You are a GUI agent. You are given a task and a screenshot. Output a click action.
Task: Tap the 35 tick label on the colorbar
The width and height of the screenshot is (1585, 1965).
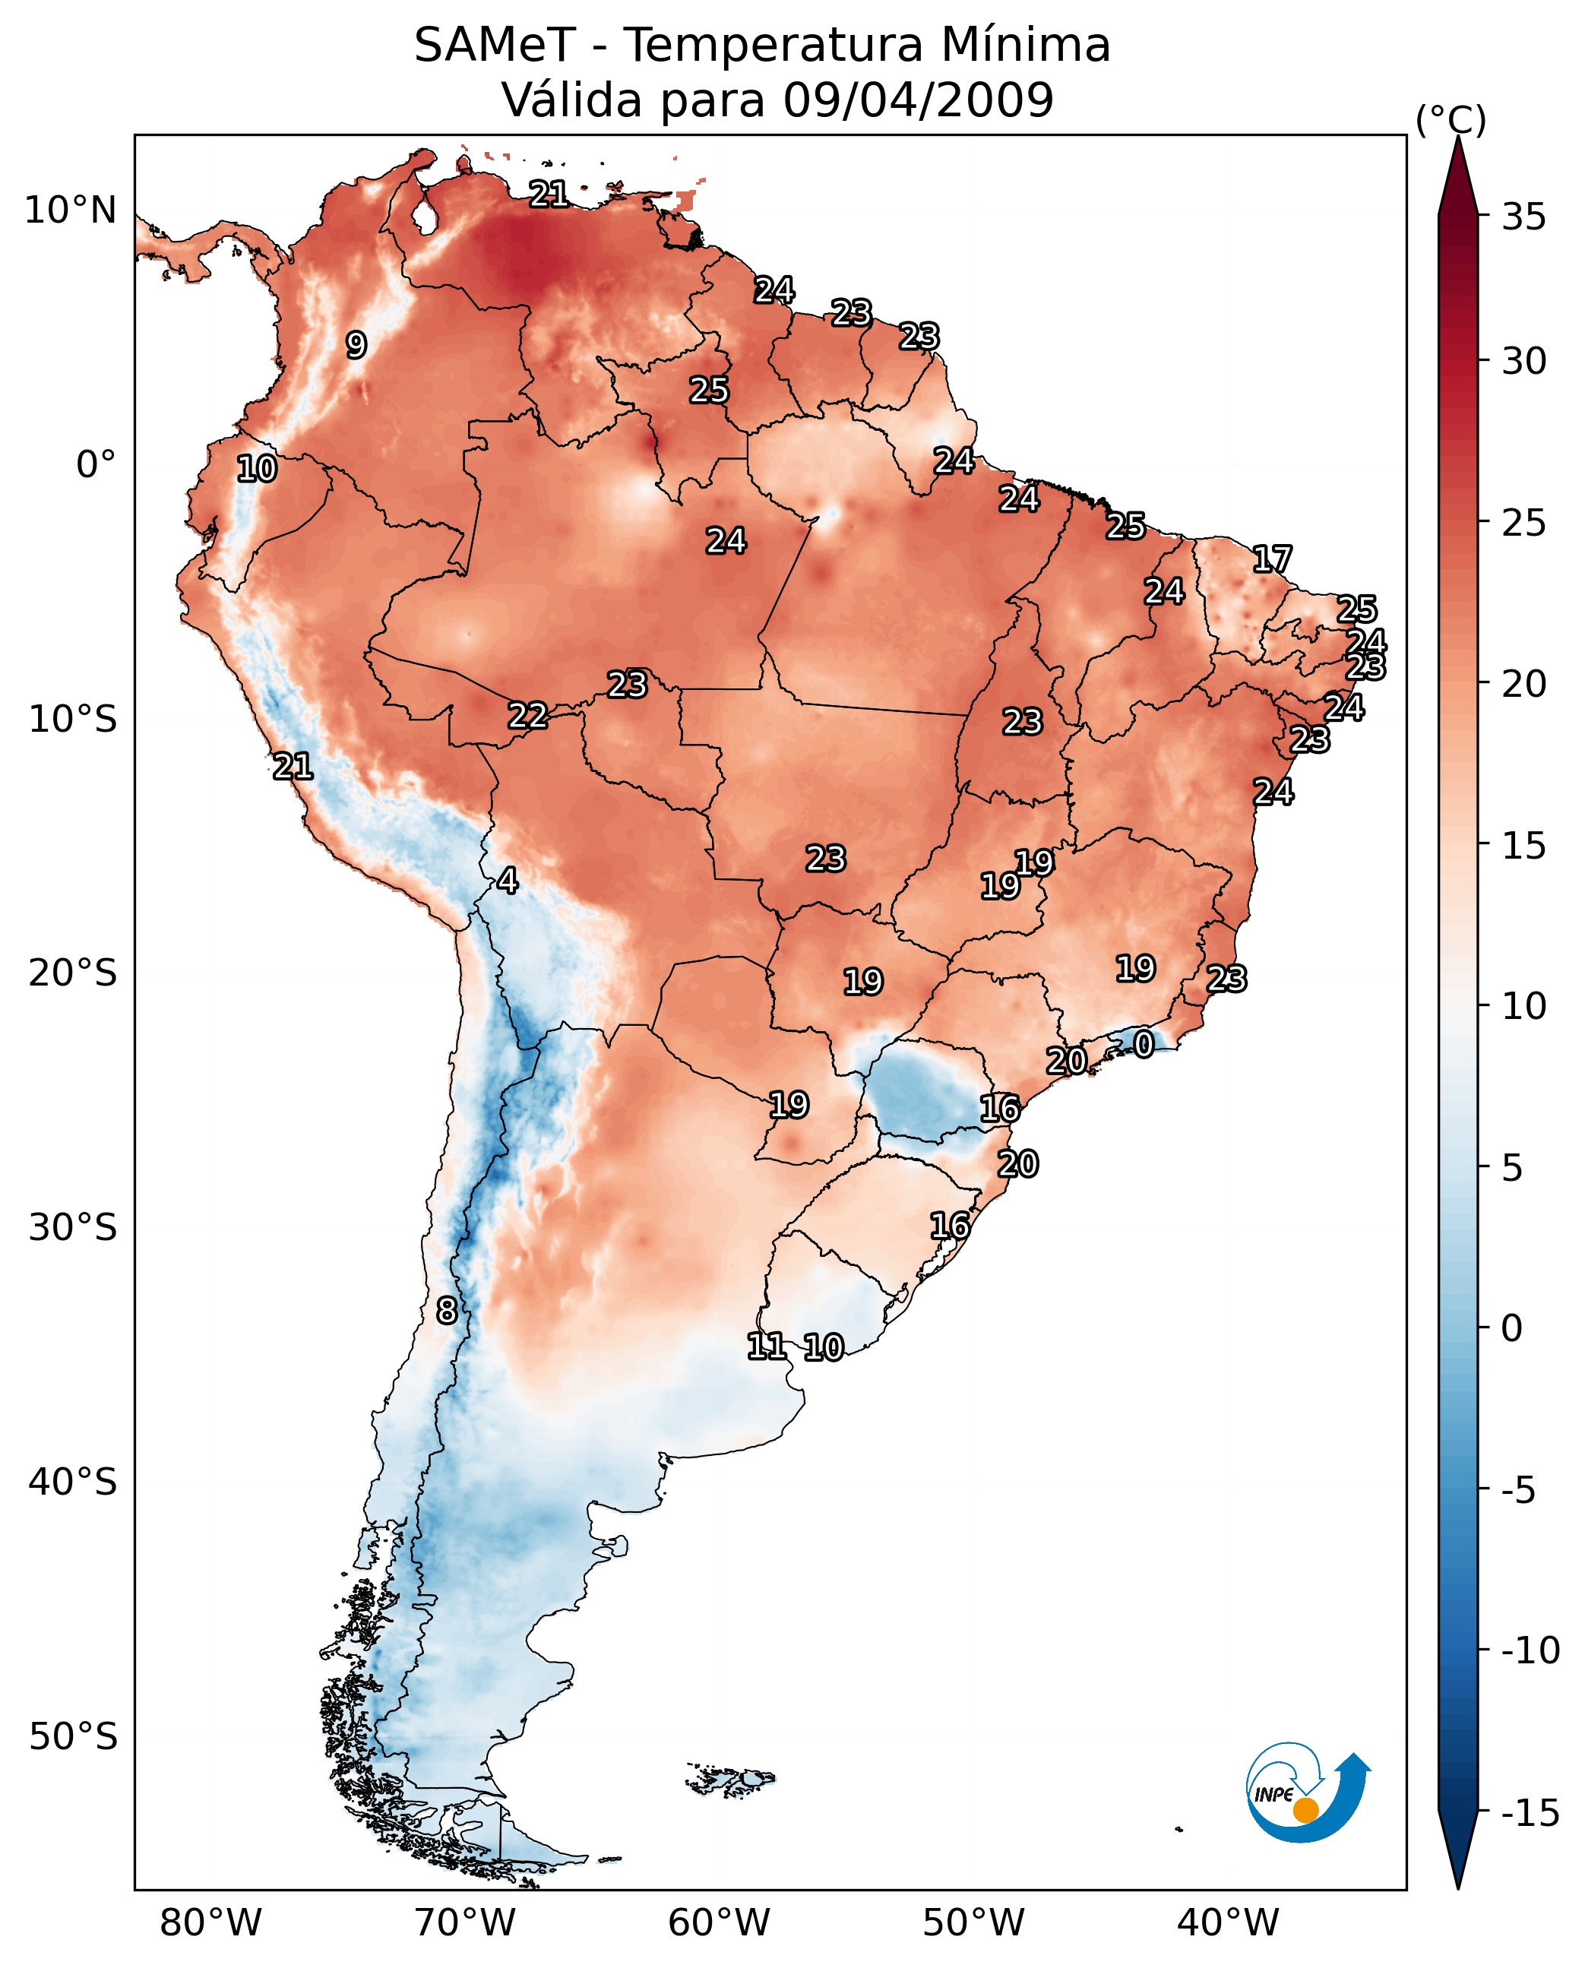pyautogui.click(x=1523, y=217)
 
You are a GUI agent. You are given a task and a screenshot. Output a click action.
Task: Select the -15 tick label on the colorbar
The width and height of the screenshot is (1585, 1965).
pyautogui.click(x=1530, y=1812)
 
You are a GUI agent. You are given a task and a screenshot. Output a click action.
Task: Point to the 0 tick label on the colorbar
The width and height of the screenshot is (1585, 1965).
pyautogui.click(x=1512, y=1328)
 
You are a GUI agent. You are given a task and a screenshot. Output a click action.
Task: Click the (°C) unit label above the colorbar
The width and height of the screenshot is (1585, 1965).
pyautogui.click(x=1451, y=119)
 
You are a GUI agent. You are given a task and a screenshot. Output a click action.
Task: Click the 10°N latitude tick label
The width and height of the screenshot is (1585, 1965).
pyautogui.click(x=71, y=211)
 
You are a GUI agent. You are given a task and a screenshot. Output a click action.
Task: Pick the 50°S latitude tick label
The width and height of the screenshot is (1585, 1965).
pyautogui.click(x=72, y=1736)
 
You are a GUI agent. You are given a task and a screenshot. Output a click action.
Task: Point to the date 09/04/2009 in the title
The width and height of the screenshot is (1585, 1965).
pyautogui.click(x=918, y=100)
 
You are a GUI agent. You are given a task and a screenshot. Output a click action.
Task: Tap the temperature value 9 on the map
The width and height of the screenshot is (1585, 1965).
pyautogui.click(x=356, y=345)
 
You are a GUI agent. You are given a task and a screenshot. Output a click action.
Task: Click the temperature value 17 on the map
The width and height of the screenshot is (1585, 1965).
pyautogui.click(x=1272, y=558)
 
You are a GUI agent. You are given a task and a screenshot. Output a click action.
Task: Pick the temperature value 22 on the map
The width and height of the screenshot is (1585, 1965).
pyautogui.click(x=528, y=715)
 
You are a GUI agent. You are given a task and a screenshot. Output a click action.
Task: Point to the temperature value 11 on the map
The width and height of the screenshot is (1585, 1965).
pyautogui.click(x=766, y=1346)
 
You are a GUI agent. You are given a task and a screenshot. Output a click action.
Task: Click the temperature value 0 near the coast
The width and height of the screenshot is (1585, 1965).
pyautogui.click(x=1143, y=1044)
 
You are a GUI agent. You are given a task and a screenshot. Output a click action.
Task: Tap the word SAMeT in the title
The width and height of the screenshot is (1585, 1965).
pyautogui.click(x=495, y=45)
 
